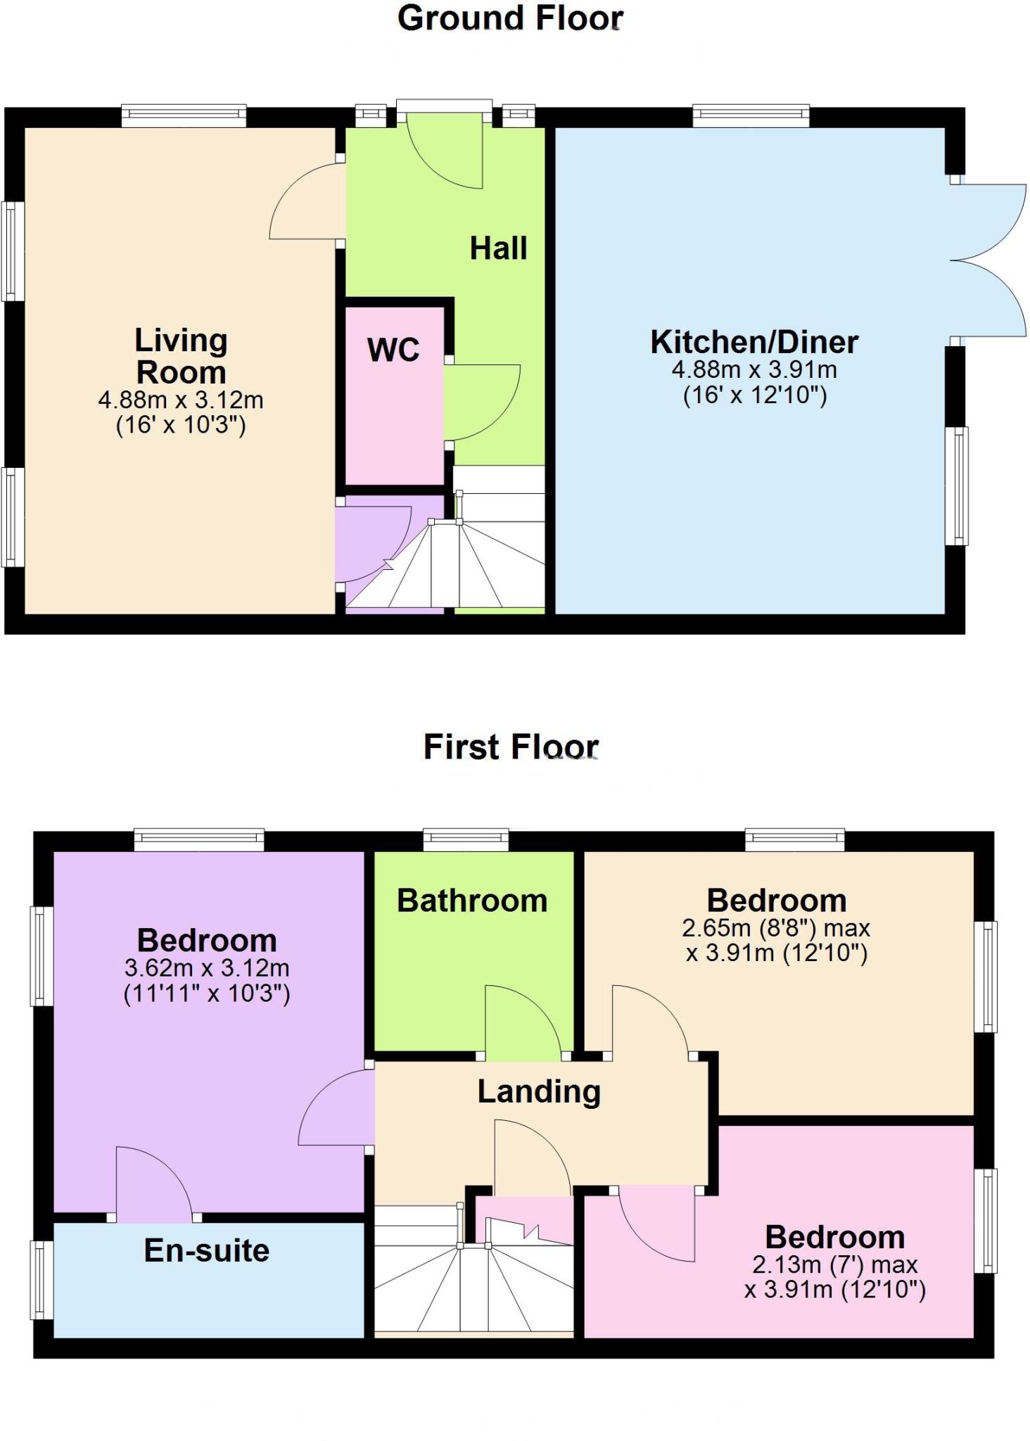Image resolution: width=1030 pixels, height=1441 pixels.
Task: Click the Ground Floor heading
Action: [x=510, y=18]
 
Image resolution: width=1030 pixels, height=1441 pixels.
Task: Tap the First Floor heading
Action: [x=511, y=747]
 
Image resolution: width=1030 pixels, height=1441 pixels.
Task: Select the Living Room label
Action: [x=181, y=356]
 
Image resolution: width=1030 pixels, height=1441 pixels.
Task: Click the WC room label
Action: [x=393, y=350]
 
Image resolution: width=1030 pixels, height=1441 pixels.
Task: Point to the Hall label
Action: [x=498, y=248]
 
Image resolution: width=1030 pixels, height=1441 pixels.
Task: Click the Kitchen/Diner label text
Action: [x=754, y=342]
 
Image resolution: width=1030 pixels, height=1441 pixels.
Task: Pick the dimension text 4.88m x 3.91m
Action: [x=754, y=369]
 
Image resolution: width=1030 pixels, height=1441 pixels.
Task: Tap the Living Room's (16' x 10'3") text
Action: [x=181, y=425]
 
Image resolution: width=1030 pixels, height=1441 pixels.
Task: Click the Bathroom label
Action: [x=471, y=901]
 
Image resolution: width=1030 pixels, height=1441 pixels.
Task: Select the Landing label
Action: [x=539, y=1091]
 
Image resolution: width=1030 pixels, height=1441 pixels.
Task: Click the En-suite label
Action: [x=207, y=1250]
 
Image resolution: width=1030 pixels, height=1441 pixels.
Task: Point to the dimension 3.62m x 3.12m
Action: [x=207, y=968]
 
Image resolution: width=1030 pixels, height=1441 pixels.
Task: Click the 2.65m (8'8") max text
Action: [x=776, y=928]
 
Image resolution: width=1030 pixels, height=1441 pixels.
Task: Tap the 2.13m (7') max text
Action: [x=834, y=1264]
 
